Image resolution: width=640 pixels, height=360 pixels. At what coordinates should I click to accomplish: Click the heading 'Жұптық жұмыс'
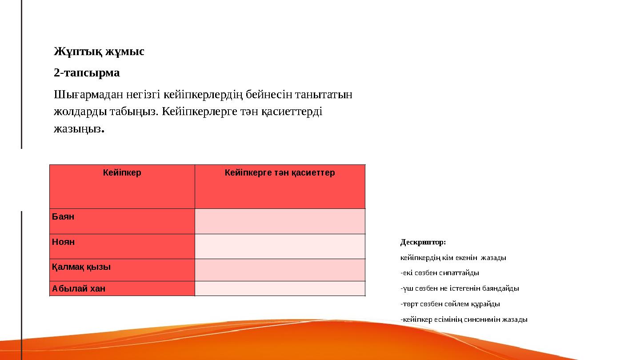tap(99, 52)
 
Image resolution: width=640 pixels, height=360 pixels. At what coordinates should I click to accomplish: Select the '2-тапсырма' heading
tap(87, 72)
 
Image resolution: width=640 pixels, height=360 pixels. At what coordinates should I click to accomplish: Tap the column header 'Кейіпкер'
tap(122, 172)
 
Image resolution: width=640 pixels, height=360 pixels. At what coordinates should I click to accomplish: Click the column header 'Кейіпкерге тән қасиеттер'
tap(280, 172)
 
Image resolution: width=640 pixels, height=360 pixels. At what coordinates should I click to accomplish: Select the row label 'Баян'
tap(64, 217)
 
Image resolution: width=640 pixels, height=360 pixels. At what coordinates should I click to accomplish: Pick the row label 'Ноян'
tap(64, 242)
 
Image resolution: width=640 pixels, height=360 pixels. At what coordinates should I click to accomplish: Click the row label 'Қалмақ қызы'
tap(81, 267)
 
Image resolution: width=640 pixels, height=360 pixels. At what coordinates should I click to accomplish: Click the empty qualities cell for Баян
tap(280, 221)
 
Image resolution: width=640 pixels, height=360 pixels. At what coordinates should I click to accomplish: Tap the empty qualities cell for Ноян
tap(280, 246)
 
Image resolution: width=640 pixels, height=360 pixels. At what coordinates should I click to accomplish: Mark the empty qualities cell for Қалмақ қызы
tap(280, 270)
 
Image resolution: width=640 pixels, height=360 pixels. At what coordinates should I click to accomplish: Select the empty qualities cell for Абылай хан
tap(280, 288)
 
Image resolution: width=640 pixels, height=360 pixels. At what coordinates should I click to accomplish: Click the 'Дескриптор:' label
tap(423, 242)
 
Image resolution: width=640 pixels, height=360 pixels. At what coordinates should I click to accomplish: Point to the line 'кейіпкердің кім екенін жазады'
tap(453, 258)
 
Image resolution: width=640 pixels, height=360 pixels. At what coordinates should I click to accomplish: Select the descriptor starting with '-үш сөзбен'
tap(460, 288)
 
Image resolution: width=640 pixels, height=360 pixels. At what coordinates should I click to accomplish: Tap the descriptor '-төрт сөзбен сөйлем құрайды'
tap(450, 304)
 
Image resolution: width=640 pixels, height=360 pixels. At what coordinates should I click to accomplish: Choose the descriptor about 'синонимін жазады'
tap(464, 319)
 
